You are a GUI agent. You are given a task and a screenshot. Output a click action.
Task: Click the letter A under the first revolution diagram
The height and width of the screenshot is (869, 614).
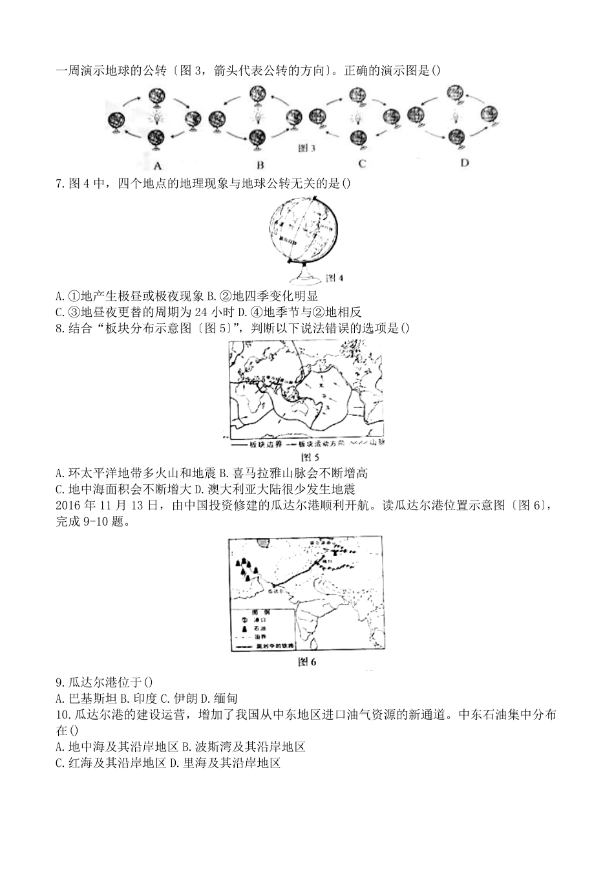point(157,163)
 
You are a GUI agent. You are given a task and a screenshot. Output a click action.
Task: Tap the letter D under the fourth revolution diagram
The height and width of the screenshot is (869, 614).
point(464,162)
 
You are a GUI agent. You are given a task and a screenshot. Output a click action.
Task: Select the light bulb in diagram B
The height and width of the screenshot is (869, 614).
point(259,117)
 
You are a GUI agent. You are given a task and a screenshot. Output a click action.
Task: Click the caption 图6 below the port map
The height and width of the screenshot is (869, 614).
point(306,661)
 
